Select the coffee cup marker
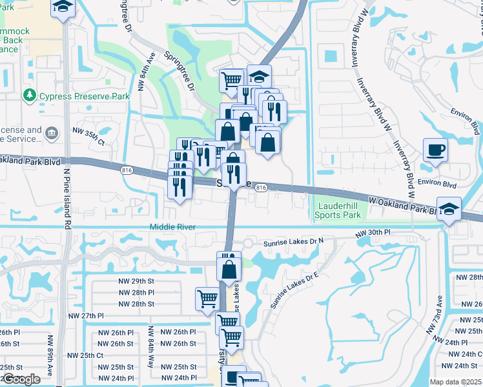[435, 150]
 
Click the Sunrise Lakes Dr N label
[293, 244]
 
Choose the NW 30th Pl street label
[374, 232]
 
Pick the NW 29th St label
[136, 281]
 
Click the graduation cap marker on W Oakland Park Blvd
[449, 209]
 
